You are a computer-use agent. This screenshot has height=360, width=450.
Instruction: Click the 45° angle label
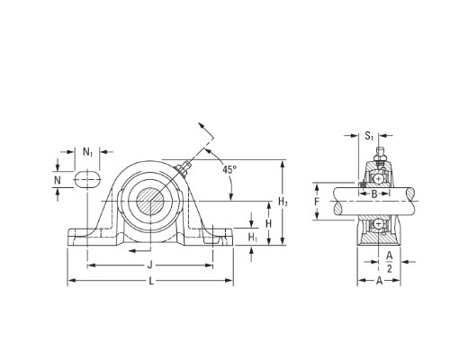click(229, 170)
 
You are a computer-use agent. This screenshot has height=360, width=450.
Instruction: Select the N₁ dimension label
click(87, 152)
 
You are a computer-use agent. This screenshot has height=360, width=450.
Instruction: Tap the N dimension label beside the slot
click(58, 180)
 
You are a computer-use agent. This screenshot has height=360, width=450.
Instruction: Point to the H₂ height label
click(283, 202)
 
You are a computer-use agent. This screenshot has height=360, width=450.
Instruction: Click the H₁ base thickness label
click(253, 238)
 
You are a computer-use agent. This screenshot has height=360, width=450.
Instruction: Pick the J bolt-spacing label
click(150, 265)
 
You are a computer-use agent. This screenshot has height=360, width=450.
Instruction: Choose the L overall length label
click(151, 281)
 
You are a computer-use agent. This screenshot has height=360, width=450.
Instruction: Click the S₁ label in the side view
click(369, 136)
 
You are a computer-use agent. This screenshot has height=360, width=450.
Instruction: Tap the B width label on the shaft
click(374, 194)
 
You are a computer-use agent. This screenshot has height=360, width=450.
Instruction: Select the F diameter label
click(317, 202)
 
